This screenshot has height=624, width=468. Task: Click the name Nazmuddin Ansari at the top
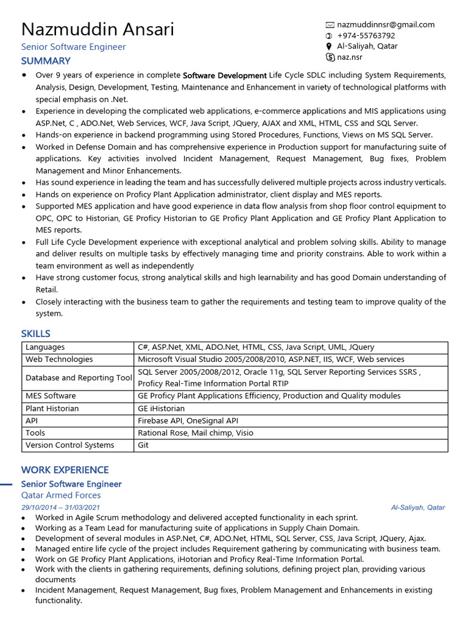click(97, 29)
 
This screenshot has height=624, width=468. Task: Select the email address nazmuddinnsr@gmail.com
click(386, 25)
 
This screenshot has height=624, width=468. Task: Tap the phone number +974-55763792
click(366, 35)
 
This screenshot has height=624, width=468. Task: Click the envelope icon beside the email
click(330, 25)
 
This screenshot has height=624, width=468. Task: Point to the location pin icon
click(330, 46)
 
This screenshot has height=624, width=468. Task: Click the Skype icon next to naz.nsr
click(330, 57)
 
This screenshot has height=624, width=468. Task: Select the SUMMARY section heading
click(46, 61)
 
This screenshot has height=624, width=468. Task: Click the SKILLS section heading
click(35, 334)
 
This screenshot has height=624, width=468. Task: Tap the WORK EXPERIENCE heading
click(65, 470)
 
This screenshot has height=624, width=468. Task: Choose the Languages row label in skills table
click(45, 347)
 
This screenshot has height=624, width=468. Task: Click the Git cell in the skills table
click(143, 445)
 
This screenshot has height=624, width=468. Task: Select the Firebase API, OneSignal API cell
click(188, 420)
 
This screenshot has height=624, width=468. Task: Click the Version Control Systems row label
click(69, 445)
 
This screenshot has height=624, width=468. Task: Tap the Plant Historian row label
click(52, 408)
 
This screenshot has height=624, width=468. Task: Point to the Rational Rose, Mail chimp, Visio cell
click(196, 433)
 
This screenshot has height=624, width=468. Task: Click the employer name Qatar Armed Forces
click(61, 495)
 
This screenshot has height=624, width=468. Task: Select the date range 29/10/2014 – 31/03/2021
click(60, 508)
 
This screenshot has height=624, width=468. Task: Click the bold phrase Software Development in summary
click(225, 76)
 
